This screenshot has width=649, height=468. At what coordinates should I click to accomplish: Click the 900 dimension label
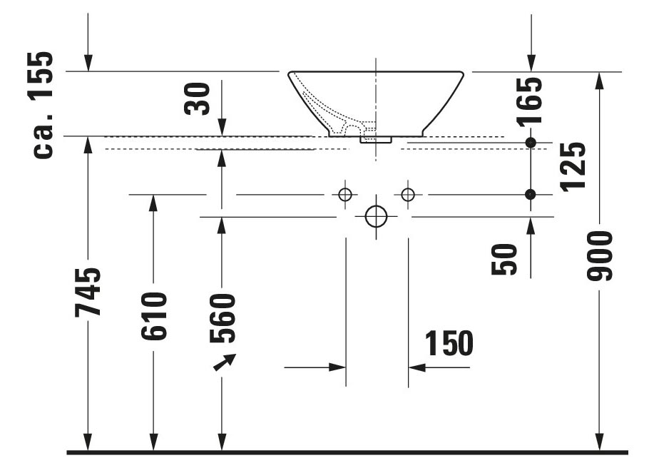(600, 255)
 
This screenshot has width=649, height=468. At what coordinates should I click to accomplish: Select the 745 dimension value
(88, 292)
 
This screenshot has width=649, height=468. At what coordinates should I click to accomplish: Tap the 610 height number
(153, 316)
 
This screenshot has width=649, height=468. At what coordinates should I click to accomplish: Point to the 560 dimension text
(222, 318)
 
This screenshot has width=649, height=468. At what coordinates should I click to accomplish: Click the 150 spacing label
(449, 343)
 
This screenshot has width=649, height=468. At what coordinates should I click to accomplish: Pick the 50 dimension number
(504, 259)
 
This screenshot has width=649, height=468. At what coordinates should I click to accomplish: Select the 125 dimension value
(573, 166)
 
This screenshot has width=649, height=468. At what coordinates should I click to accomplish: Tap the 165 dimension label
(529, 101)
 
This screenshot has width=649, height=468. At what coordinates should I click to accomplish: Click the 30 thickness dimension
(197, 98)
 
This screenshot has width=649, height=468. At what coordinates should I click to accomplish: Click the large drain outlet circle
(377, 217)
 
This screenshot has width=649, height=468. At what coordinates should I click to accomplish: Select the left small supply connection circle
(344, 194)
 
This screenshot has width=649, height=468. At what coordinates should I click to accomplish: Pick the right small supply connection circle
(408, 194)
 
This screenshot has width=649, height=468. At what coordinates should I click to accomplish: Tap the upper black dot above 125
(530, 143)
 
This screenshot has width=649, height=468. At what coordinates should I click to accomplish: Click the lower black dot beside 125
(530, 194)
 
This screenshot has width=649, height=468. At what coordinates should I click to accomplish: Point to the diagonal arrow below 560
(225, 362)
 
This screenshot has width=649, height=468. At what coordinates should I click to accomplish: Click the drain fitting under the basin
(376, 140)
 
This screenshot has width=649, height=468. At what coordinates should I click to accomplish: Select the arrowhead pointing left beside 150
(417, 367)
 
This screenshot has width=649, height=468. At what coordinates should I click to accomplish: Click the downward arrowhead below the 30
(222, 128)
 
